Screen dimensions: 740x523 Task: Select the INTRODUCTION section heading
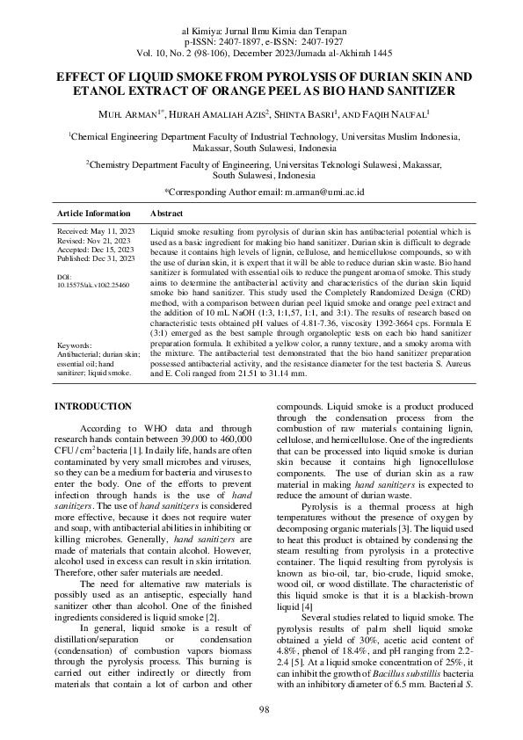point(93,406)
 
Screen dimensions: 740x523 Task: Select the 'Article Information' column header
point(94,214)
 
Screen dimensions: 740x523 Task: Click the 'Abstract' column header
point(167,214)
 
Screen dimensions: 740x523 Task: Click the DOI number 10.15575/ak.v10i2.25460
point(91,285)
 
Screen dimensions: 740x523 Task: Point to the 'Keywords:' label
point(74,370)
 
